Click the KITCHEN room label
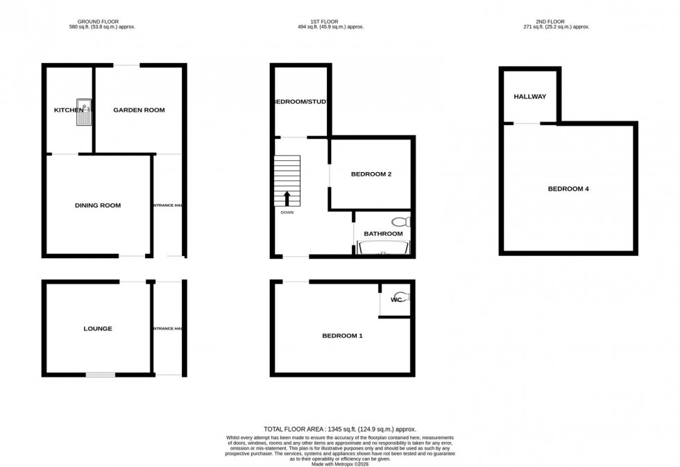coord(69,110)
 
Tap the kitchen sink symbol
coord(85,113)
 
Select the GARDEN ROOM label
coord(139,110)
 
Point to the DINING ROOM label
coord(98,205)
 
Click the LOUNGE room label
coord(98,329)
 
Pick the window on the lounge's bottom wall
coord(101,375)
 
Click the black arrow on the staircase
coord(287,198)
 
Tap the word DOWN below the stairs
coord(287,212)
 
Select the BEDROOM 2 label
coord(371,174)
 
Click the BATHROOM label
coord(383,234)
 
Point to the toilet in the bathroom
coord(401,221)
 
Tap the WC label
coord(396,300)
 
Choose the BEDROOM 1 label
coord(342,336)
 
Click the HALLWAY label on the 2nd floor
coord(530,96)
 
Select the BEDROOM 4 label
coord(568,189)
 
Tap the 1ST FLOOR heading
coord(326,22)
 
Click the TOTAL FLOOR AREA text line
coord(339,430)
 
